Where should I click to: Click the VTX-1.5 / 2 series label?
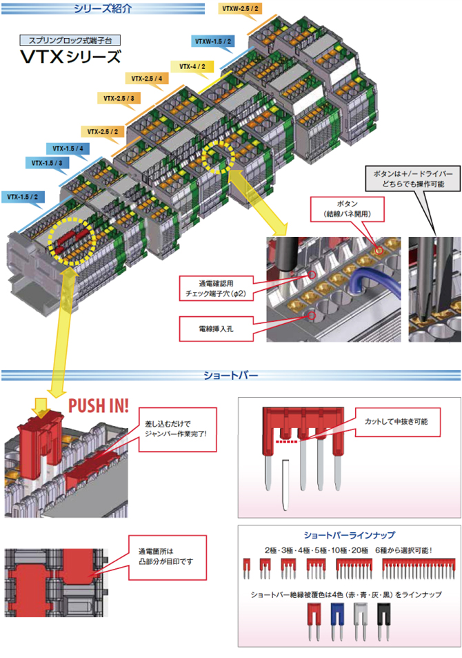(22, 197)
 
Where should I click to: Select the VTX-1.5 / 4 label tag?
(67, 148)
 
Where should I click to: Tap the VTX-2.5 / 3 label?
(119, 98)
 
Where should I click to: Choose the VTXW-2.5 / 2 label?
(240, 8)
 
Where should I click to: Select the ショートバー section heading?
(230, 376)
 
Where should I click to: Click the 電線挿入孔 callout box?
(216, 329)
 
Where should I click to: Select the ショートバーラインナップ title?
(349, 535)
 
